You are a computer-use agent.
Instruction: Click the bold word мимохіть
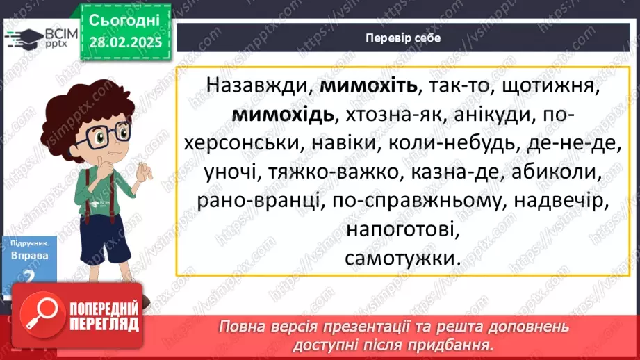[x=368, y=86]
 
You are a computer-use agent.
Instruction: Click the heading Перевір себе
[x=403, y=38]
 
